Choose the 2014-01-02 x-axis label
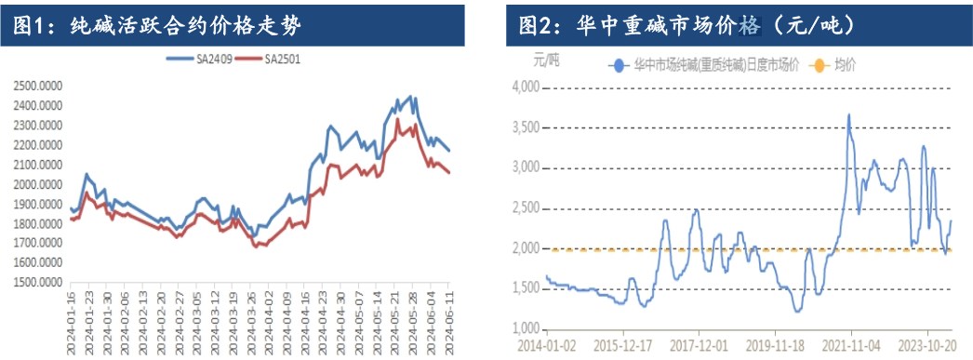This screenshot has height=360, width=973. point(546,345)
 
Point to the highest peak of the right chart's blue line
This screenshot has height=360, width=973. point(848,115)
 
